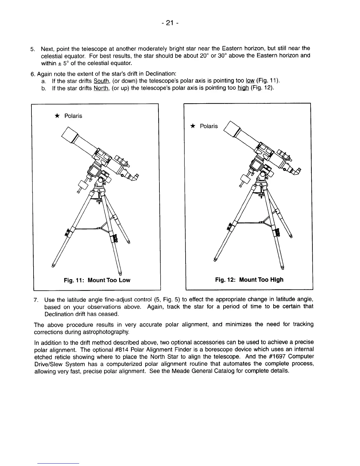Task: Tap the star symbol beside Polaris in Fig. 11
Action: tap(57, 116)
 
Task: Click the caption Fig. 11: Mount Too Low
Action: tap(97, 280)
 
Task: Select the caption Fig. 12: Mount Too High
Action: tap(249, 279)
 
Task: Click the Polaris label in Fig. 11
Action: tap(73, 116)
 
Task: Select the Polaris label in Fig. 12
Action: tap(209, 126)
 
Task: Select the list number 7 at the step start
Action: tap(36, 300)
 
